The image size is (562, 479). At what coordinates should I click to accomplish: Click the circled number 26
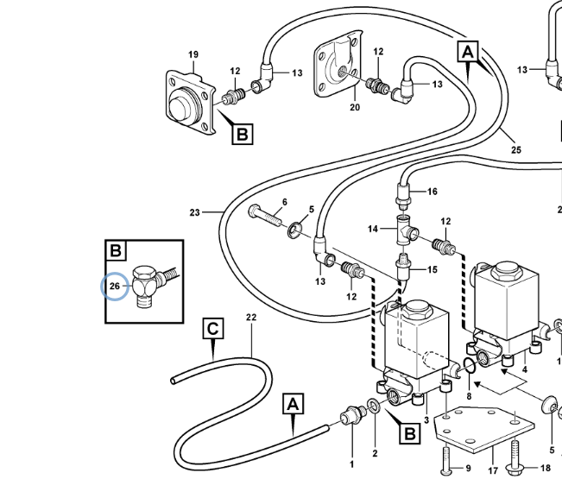pyautogui.click(x=115, y=286)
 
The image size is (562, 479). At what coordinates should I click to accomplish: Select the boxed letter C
pyautogui.click(x=213, y=329)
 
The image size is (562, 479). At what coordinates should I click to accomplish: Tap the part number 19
pyautogui.click(x=193, y=54)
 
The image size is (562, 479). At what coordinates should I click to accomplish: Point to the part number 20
pyautogui.click(x=355, y=108)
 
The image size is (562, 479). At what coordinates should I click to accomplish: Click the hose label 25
pyautogui.click(x=515, y=150)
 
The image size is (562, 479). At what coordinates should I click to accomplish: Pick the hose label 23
pyautogui.click(x=194, y=211)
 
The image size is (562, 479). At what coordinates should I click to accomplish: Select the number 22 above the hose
pyautogui.click(x=251, y=318)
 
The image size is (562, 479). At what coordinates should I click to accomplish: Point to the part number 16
pyautogui.click(x=433, y=191)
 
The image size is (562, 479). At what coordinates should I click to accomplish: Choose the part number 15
pyautogui.click(x=433, y=269)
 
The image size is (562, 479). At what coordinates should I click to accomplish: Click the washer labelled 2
pyautogui.click(x=373, y=406)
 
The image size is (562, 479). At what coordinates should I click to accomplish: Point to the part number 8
pyautogui.click(x=469, y=397)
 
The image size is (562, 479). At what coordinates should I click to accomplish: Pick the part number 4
pyautogui.click(x=524, y=370)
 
